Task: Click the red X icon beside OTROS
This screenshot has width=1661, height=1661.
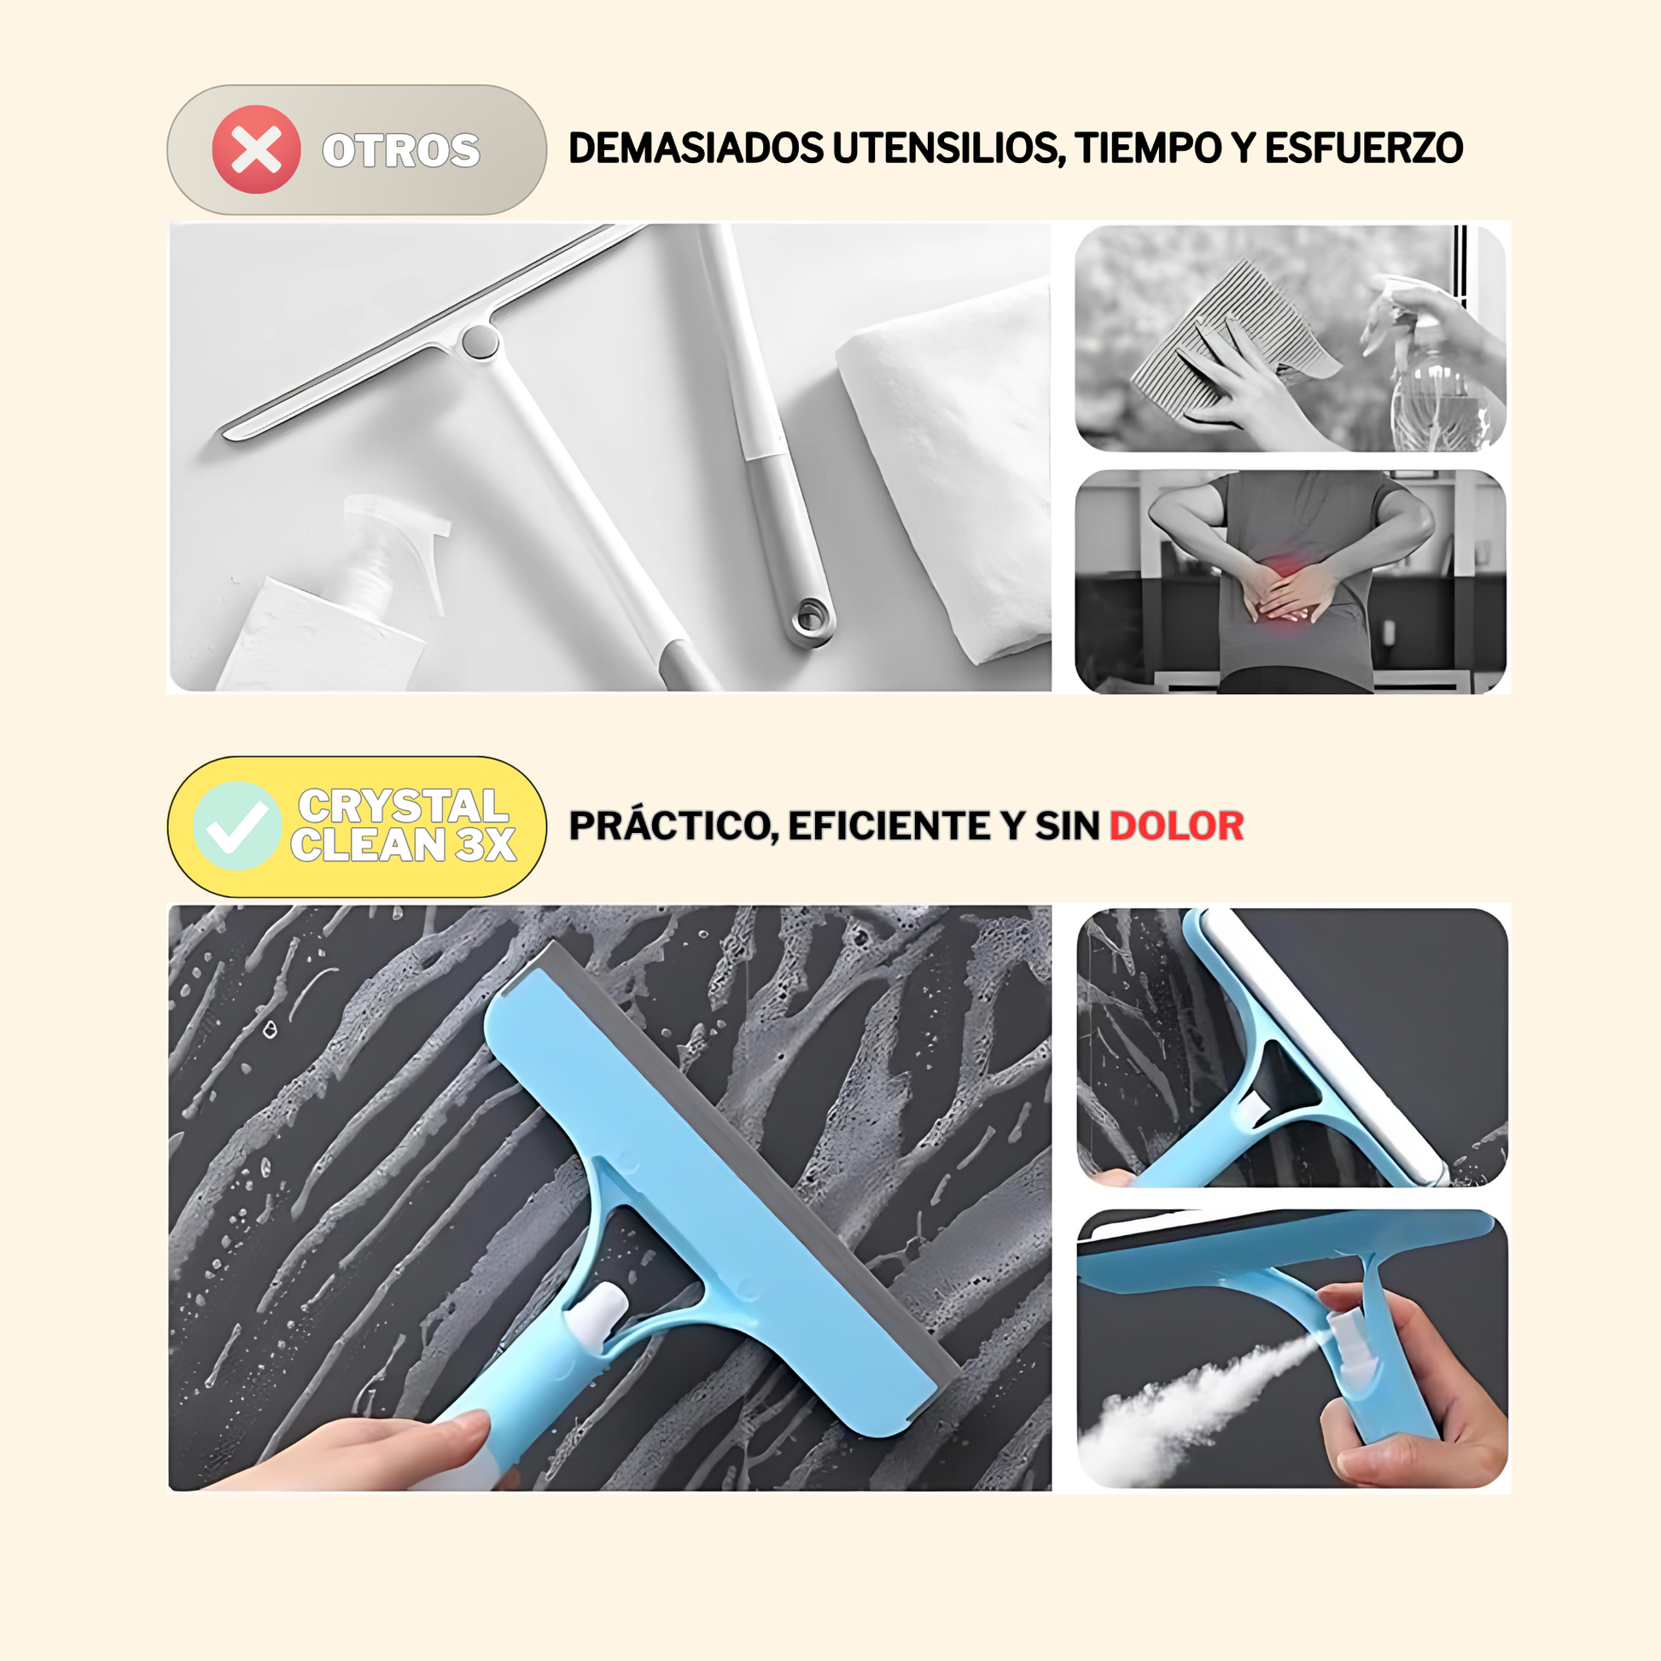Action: pos(256,149)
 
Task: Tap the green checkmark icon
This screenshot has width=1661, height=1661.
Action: pos(237,826)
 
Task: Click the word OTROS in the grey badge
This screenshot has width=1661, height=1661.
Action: pos(400,151)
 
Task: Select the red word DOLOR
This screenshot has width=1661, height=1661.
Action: pos(1176,826)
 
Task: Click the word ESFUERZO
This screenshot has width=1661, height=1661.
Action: pos(1363,149)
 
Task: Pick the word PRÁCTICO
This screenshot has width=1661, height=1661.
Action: pos(673,826)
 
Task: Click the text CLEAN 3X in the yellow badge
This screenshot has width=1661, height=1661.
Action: pos(403,844)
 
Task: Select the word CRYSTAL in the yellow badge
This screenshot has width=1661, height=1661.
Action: pos(403,806)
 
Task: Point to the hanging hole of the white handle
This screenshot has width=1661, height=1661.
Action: pos(809,615)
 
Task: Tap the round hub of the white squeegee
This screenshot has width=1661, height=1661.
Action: pos(480,341)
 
